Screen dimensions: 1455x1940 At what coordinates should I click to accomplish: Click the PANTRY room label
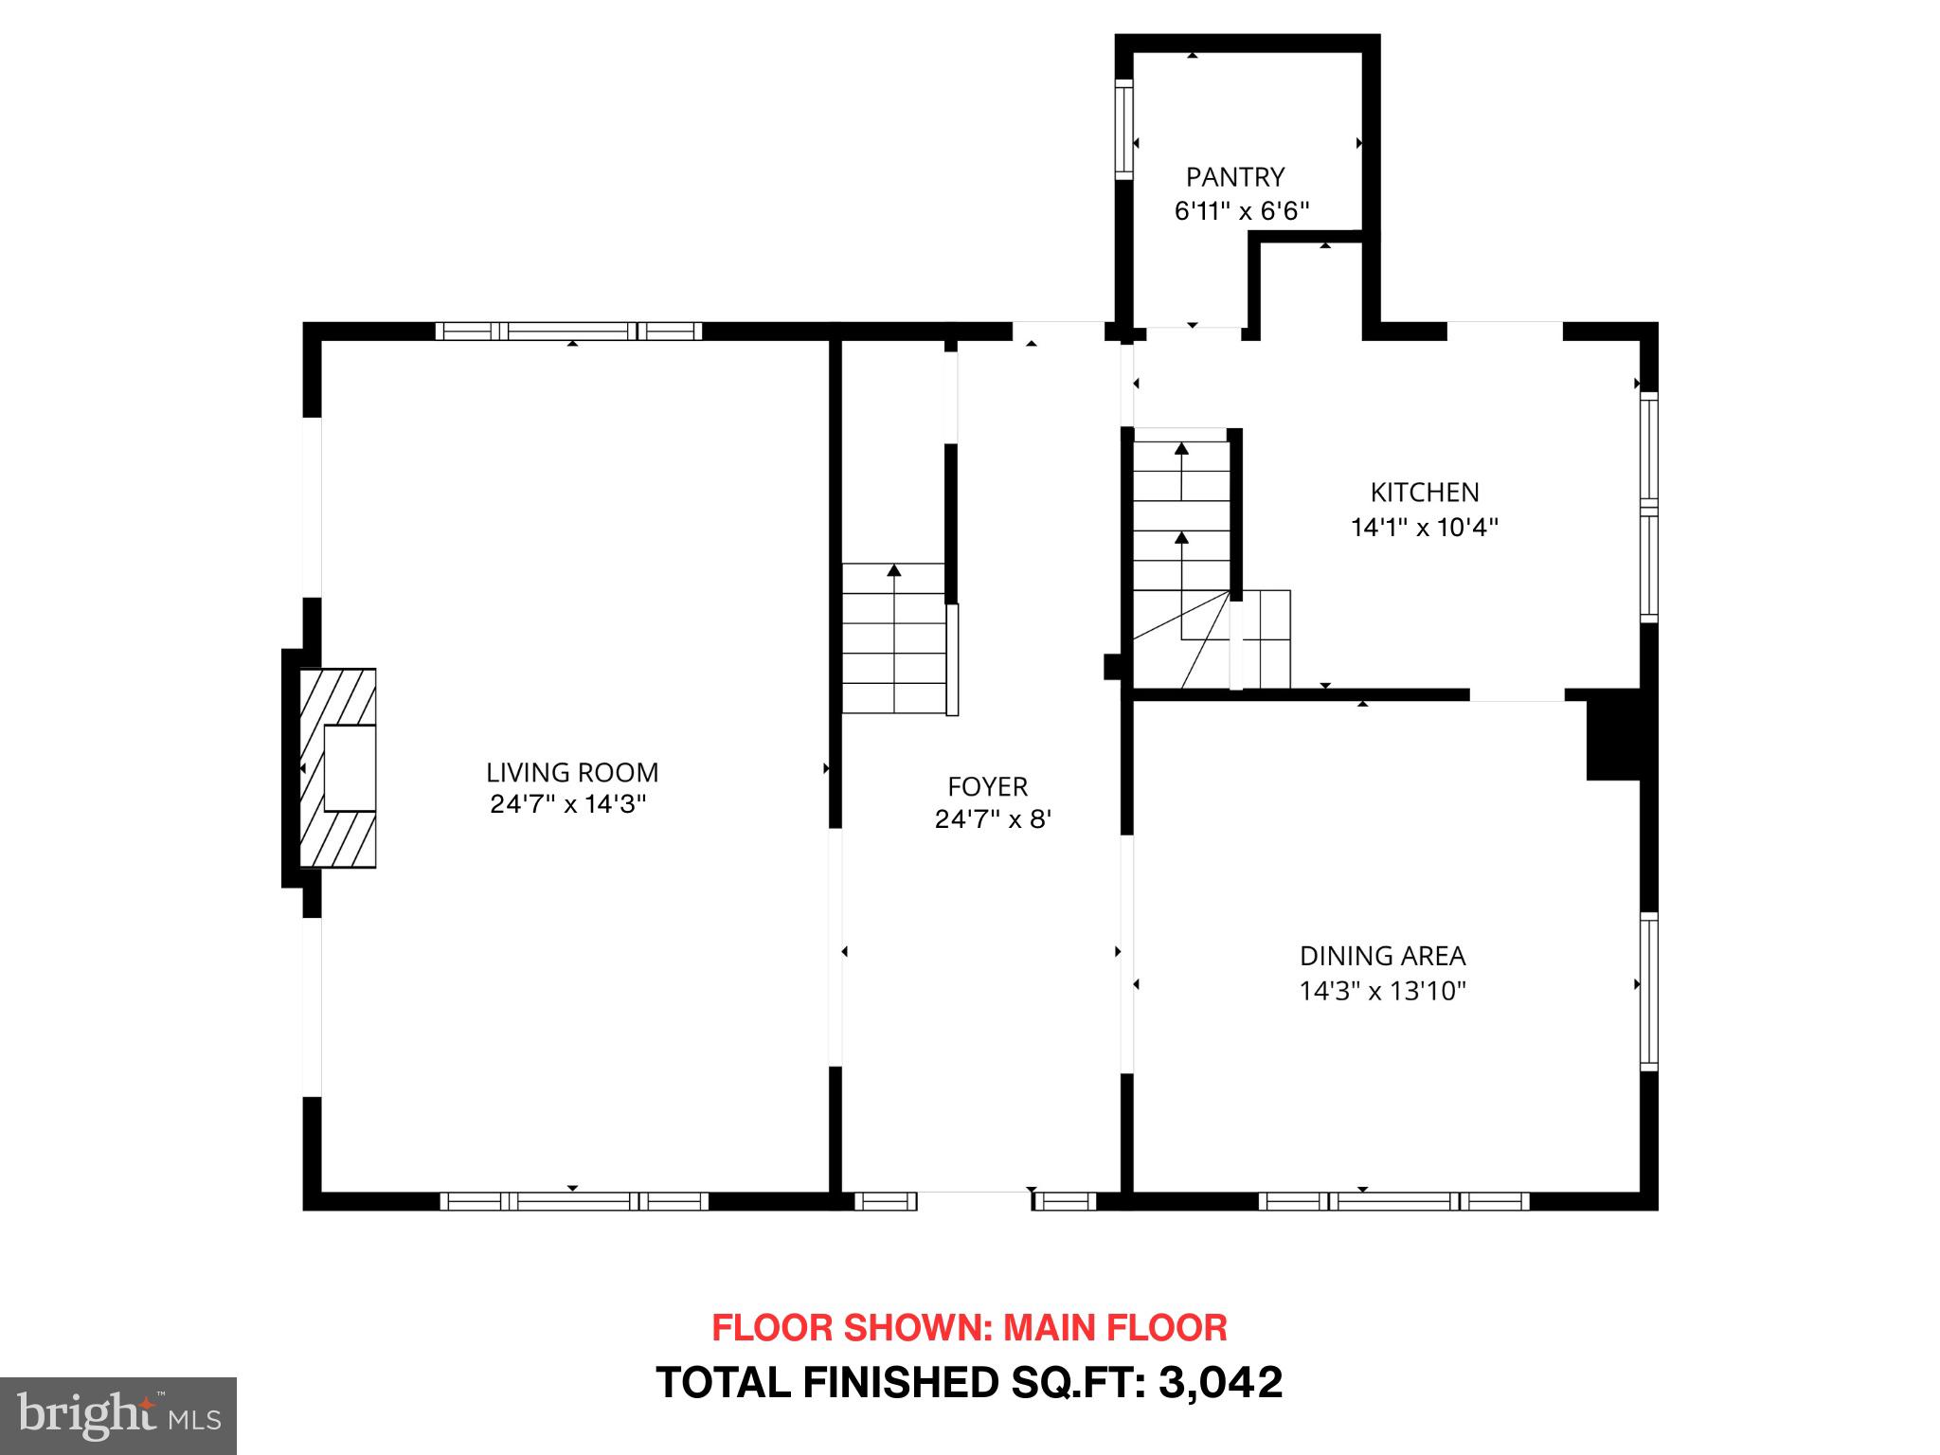1235,177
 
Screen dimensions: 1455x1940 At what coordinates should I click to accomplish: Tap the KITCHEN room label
1424,493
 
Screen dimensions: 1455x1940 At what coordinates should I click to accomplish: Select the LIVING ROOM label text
572,772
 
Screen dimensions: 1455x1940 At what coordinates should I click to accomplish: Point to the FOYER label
987,786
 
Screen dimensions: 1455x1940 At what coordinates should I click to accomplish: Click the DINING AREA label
1382,956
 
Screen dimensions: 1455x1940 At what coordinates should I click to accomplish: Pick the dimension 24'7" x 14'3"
568,804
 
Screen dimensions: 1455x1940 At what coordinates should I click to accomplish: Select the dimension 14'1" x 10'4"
1424,528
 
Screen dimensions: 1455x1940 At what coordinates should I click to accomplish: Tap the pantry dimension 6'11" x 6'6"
1242,211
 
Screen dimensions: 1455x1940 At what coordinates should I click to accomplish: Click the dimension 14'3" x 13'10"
1382,991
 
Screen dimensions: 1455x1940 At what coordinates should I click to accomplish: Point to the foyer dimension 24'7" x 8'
993,819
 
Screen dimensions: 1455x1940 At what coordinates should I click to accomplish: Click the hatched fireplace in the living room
338,767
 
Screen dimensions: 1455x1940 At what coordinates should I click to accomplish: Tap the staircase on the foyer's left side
894,639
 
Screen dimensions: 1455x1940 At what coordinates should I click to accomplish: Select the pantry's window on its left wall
1123,129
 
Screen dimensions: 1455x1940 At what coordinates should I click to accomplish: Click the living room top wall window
569,331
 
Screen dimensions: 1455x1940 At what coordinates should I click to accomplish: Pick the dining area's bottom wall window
1393,1201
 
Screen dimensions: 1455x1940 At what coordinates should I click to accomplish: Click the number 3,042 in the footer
1220,1382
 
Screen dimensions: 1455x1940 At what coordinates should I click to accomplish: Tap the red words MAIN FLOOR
1115,1328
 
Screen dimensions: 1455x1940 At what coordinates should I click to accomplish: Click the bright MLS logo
118,1416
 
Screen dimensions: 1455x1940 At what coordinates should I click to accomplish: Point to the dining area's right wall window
1649,991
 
